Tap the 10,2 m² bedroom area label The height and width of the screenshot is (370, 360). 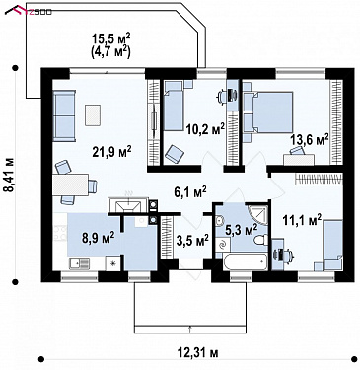tap(205, 128)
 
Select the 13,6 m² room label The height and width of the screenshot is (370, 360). tap(309, 139)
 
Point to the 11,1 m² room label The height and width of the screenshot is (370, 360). tap(302, 220)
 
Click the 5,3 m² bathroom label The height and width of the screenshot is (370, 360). tap(241, 230)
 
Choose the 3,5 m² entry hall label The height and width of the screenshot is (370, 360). tap(192, 240)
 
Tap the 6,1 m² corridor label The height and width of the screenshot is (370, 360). tap(190, 191)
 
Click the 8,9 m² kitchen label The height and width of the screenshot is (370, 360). tap(99, 237)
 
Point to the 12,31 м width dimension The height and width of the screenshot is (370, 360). tap(198, 352)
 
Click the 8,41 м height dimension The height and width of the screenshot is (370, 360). tap(11, 175)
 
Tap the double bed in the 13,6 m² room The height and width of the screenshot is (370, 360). tap(268, 112)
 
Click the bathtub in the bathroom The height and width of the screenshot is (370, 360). tap(245, 262)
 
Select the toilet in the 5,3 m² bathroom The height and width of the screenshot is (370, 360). tap(260, 240)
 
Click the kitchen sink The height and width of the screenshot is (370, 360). tap(79, 263)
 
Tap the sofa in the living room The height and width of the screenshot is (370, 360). tap(64, 115)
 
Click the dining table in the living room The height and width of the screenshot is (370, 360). tap(70, 185)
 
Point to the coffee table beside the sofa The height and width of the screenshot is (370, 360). tap(93, 114)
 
